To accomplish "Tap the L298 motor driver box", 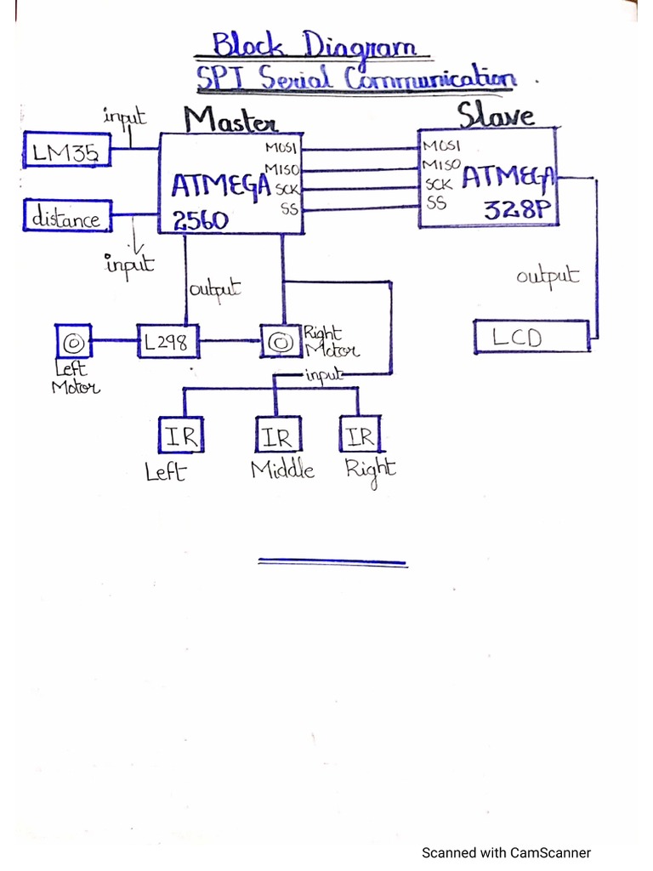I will [168, 343].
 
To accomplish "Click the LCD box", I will [530, 338].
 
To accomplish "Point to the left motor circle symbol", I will [73, 342].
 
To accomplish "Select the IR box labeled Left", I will [179, 437].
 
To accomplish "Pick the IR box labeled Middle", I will [276, 437].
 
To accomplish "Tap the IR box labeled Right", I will [361, 436].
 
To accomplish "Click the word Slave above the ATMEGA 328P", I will [496, 114].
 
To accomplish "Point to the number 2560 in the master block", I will [201, 220].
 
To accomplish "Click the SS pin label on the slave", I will [435, 203].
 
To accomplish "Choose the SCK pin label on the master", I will [286, 189].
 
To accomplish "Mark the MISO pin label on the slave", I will [441, 164].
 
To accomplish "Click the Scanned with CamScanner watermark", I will [506, 852].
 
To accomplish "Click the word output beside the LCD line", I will [548, 276].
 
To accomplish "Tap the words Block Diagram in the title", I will [313, 44].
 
